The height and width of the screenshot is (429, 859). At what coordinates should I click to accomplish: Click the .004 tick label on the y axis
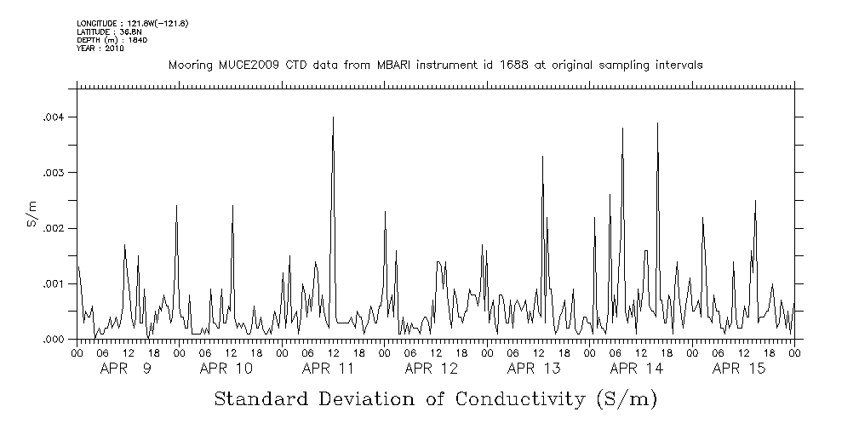54,117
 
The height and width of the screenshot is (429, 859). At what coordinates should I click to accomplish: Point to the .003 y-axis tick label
54,173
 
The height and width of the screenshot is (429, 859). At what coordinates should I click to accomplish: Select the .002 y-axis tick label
54,228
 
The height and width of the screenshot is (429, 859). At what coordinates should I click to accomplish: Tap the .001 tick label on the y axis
54,283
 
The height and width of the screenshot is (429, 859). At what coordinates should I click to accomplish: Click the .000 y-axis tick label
54,340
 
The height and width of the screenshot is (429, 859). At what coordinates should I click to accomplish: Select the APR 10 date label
226,369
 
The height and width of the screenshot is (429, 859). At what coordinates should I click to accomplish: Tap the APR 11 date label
329,369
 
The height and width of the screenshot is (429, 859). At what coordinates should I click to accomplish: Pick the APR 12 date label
432,369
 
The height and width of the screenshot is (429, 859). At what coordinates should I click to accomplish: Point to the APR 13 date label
534,369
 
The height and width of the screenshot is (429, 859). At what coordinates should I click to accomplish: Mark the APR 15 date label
739,369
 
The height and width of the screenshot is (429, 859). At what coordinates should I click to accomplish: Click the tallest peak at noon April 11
333,118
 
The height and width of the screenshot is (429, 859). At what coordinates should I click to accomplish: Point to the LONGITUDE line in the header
133,23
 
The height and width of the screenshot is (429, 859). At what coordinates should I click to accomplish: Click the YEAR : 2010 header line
100,49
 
